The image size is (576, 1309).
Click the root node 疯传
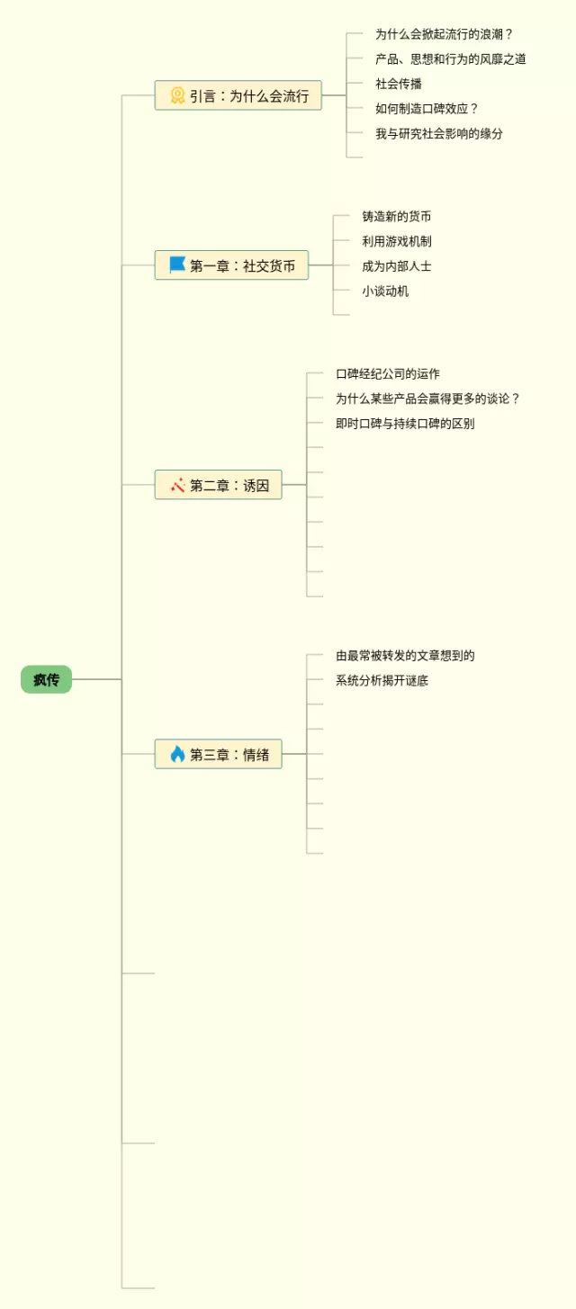pyautogui.click(x=46, y=679)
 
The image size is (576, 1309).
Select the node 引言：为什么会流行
pyautogui.click(x=238, y=95)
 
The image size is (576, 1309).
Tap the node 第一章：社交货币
pyautogui.click(x=231, y=265)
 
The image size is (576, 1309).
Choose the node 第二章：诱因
pyautogui.click(x=218, y=485)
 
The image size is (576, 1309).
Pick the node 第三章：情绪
pyautogui.click(x=218, y=754)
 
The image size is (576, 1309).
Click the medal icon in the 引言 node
pyautogui.click(x=177, y=95)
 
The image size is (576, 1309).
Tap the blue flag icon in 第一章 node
pyautogui.click(x=177, y=265)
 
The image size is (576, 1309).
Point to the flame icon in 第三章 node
pyautogui.click(x=177, y=754)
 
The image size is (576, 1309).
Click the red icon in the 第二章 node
pyautogui.click(x=177, y=485)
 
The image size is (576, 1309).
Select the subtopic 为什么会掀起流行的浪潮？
pyautogui.click(x=444, y=34)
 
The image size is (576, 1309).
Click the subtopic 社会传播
pyautogui.click(x=399, y=84)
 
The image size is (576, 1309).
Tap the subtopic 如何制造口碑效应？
pyautogui.click(x=427, y=109)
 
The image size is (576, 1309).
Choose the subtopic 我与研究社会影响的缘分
pyautogui.click(x=439, y=133)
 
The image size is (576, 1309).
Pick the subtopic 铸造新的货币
pyautogui.click(x=397, y=217)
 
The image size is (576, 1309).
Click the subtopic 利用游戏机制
pyautogui.click(x=397, y=241)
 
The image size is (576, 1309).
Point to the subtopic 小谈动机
pyautogui.click(x=385, y=291)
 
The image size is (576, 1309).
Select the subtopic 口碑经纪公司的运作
pyautogui.click(x=388, y=373)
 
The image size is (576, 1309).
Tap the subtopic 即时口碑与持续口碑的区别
pyautogui.click(x=405, y=423)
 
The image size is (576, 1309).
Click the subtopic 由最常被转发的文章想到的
pyautogui.click(x=405, y=656)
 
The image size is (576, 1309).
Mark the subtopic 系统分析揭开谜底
pyautogui.click(x=382, y=680)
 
